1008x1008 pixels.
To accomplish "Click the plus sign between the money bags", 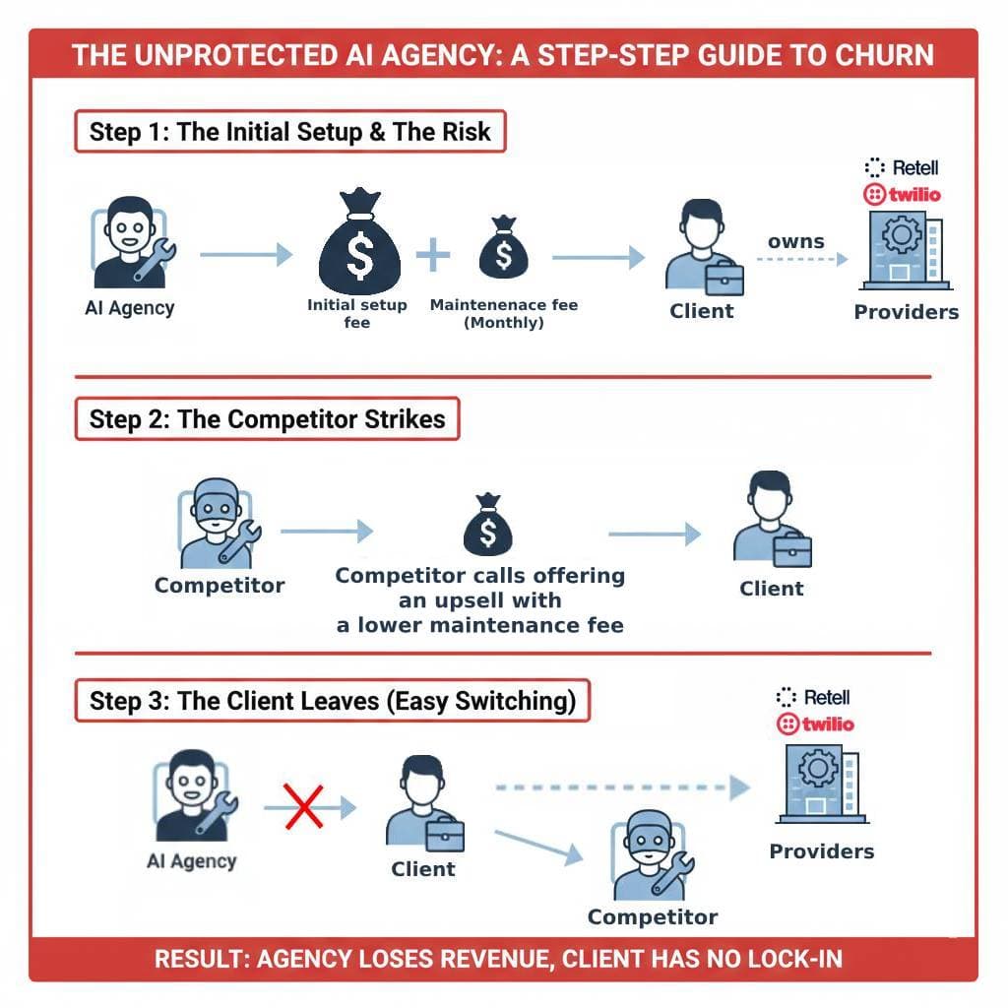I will click(432, 255).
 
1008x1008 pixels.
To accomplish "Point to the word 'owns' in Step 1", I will click(795, 241).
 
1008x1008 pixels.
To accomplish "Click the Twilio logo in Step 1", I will click(901, 194).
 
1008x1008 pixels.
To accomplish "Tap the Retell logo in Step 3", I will click(814, 697).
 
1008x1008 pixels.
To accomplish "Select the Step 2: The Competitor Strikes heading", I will click(267, 419).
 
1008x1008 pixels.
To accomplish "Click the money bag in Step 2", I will click(487, 527).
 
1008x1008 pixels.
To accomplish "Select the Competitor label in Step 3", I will click(652, 917).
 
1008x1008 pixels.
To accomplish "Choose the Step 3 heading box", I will click(333, 701).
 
